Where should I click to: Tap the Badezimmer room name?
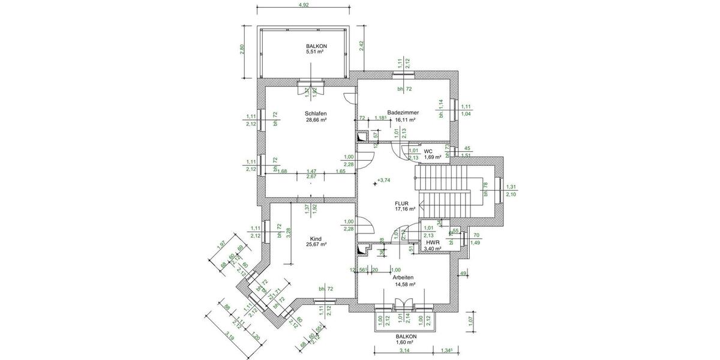[403, 112]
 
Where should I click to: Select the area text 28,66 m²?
[316, 120]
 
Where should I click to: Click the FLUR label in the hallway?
[402, 203]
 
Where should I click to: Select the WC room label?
[428, 151]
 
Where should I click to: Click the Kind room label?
[316, 238]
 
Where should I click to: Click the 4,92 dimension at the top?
[304, 5]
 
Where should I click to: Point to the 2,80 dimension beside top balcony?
[243, 50]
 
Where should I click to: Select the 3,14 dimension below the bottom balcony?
[404, 350]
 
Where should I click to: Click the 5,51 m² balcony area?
[315, 52]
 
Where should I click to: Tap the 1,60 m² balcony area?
[406, 342]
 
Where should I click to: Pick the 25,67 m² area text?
[316, 245]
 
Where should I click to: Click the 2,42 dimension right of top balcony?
[362, 47]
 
